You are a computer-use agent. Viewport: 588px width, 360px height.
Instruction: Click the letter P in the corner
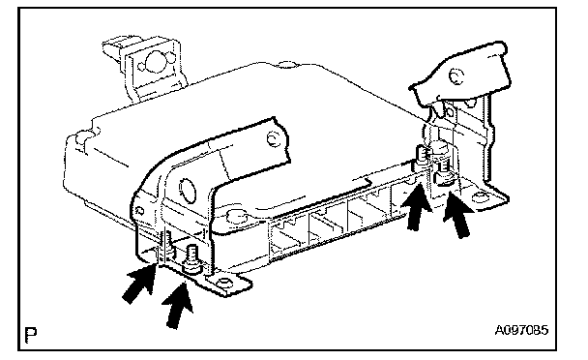click(x=31, y=336)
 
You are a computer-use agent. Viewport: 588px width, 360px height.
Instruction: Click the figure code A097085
click(x=521, y=330)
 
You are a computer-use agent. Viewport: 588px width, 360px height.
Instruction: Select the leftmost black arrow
click(x=138, y=283)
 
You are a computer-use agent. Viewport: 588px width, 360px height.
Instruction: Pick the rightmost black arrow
click(x=459, y=215)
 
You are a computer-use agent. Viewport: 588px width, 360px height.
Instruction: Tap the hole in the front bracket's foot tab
click(x=223, y=282)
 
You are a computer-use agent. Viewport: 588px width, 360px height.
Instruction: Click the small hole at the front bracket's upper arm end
click(x=273, y=139)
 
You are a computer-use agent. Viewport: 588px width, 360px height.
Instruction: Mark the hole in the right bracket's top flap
click(x=456, y=76)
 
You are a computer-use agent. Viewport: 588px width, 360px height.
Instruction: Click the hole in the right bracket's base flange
click(x=480, y=196)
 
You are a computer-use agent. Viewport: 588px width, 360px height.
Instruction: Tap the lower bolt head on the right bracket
click(x=444, y=176)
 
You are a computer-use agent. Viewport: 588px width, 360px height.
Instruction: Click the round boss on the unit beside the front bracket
click(x=237, y=217)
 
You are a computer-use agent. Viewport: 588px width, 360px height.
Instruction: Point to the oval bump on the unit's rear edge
click(x=287, y=65)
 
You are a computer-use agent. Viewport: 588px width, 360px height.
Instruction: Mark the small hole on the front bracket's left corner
click(x=139, y=210)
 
